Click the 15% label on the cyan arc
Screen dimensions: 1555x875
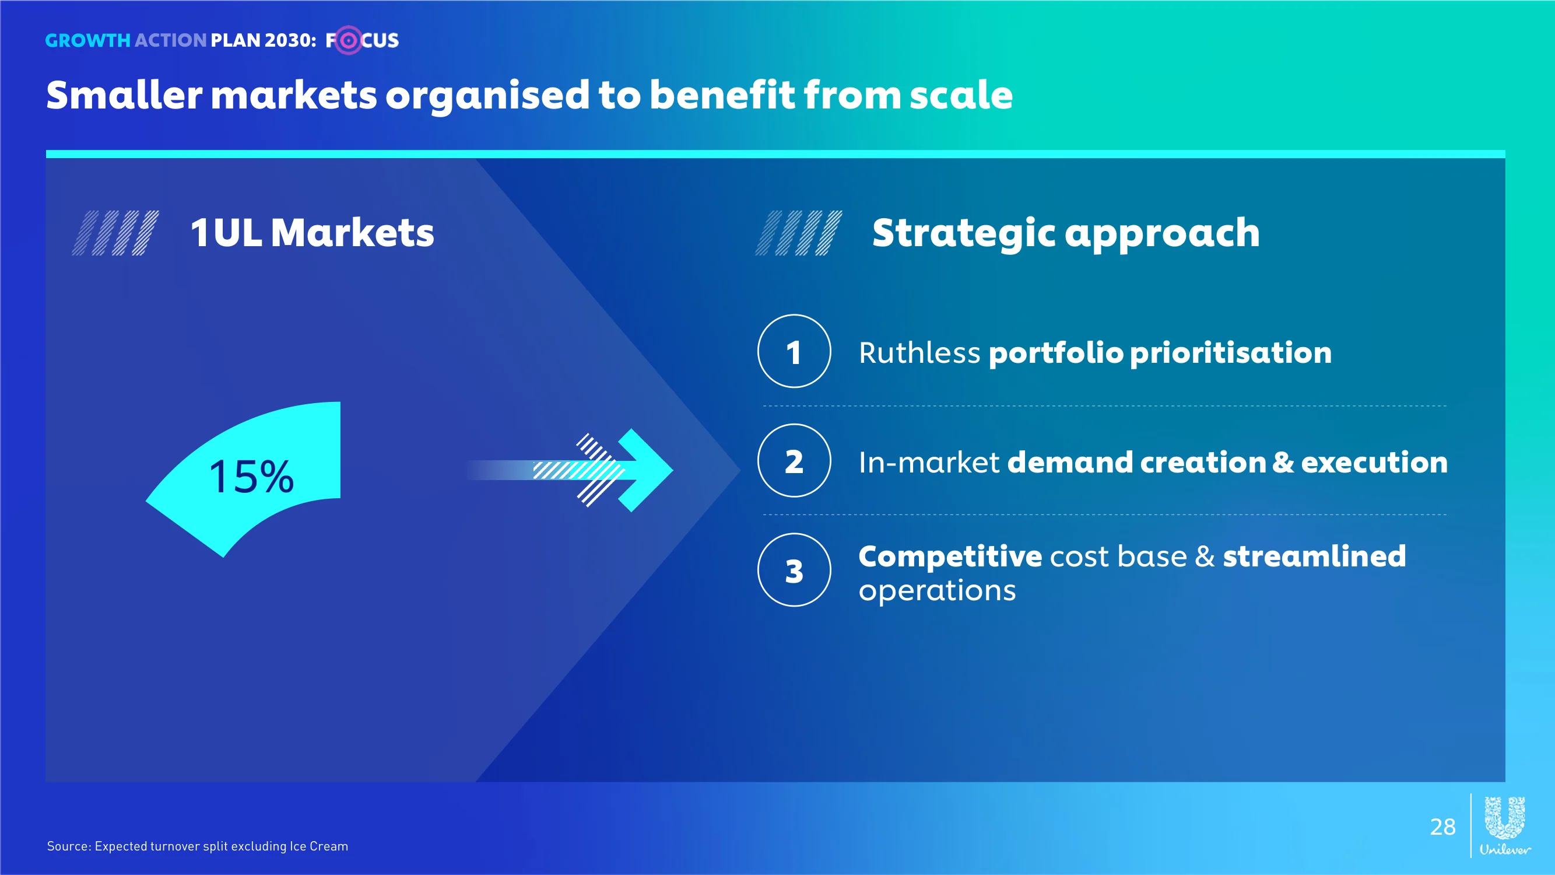pyautogui.click(x=251, y=477)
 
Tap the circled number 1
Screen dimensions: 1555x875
pyautogui.click(x=794, y=351)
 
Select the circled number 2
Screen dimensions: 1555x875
pyautogui.click(x=794, y=460)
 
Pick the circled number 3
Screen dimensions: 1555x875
pyautogui.click(x=794, y=569)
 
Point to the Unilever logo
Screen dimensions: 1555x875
pyautogui.click(x=1505, y=825)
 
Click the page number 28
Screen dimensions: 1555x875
pyautogui.click(x=1442, y=827)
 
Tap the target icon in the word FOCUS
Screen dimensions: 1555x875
pyautogui.click(x=347, y=40)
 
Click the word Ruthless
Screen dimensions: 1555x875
pyautogui.click(x=919, y=353)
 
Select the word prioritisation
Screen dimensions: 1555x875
pyautogui.click(x=1230, y=353)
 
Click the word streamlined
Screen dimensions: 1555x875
pyautogui.click(x=1314, y=555)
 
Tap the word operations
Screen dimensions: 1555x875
pyautogui.click(x=937, y=590)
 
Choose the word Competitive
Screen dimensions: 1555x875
pyautogui.click(x=950, y=556)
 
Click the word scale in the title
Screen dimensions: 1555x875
pyautogui.click(x=961, y=96)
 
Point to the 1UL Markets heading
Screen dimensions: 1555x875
pyautogui.click(x=312, y=233)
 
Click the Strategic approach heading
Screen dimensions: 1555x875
pyautogui.click(x=1066, y=234)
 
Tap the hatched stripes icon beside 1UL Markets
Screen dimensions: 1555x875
pyautogui.click(x=115, y=233)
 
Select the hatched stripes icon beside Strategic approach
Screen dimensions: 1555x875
pyautogui.click(x=799, y=233)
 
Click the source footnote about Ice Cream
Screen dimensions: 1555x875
pyautogui.click(x=198, y=846)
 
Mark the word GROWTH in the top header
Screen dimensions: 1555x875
pyautogui.click(x=87, y=40)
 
